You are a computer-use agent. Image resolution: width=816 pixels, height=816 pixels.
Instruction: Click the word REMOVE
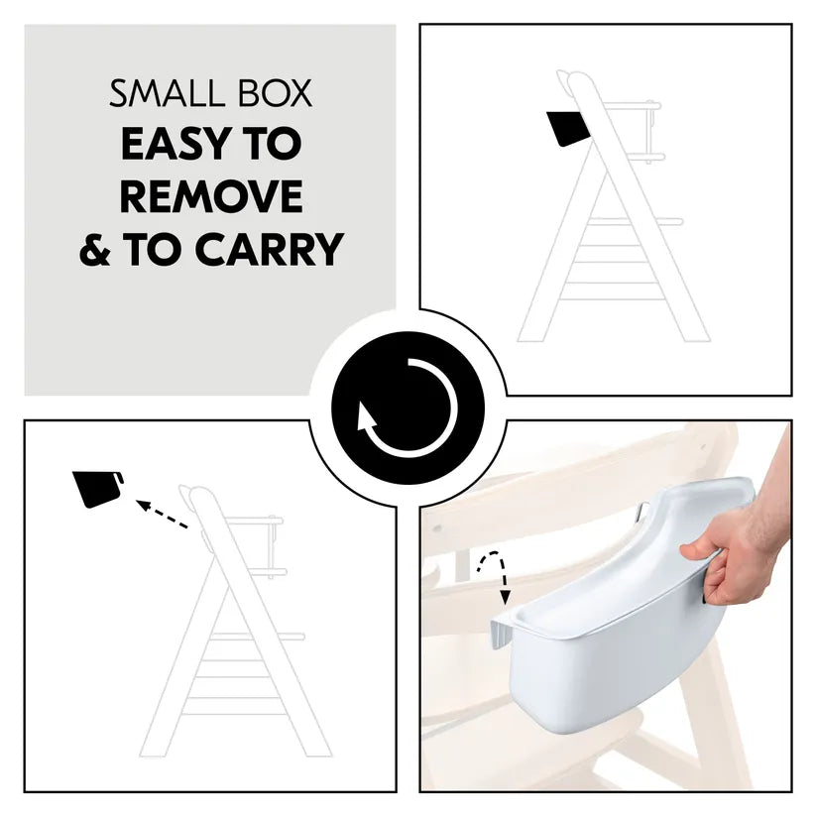point(210,196)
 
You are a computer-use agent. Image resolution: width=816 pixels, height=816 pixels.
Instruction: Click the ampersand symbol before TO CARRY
point(95,249)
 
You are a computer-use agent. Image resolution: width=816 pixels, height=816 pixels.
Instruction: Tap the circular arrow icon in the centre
point(408,408)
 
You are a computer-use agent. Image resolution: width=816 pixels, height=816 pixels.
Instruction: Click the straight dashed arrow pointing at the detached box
point(162,515)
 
